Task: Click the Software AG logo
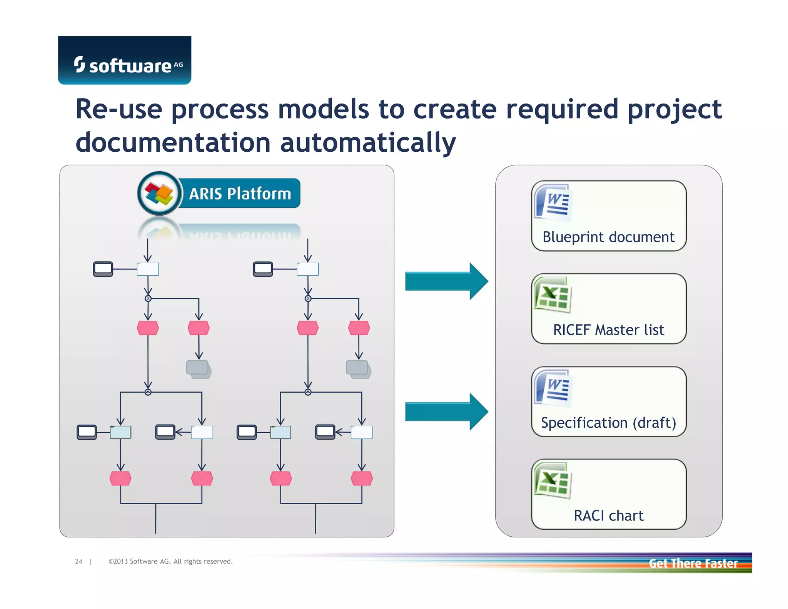[x=124, y=61]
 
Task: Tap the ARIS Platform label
[x=240, y=194]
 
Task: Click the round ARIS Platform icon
[x=159, y=193]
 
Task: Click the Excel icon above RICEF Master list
[x=553, y=295]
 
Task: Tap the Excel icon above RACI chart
[x=553, y=481]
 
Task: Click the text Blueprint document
[x=608, y=237]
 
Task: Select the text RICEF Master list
[x=608, y=330]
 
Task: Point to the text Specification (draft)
[x=608, y=423]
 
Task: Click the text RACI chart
[x=608, y=515]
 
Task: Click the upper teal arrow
[x=446, y=281]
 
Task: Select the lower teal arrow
[x=446, y=412]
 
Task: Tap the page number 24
[x=78, y=562]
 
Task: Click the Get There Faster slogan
[x=693, y=563]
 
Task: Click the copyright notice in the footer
[x=170, y=562]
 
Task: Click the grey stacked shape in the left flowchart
[x=199, y=370]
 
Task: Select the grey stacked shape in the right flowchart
[x=358, y=370]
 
